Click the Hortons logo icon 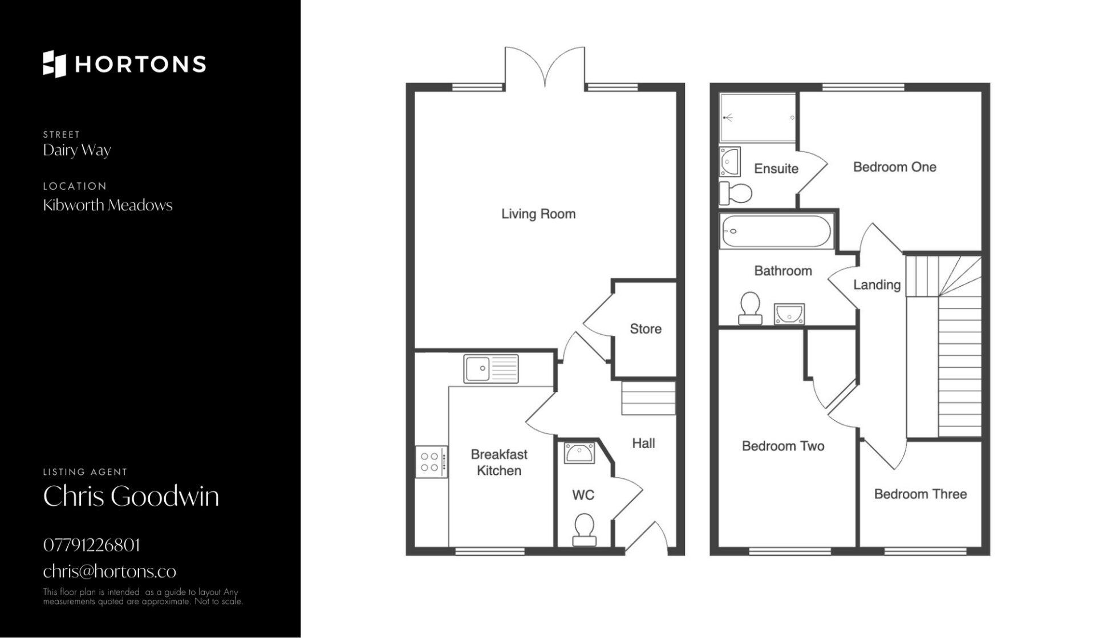(55, 64)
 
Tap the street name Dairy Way (77, 151)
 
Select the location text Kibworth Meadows (108, 205)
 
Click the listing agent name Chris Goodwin (131, 496)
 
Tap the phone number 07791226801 (92, 545)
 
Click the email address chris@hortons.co (109, 571)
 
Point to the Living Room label (538, 214)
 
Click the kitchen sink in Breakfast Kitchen (491, 369)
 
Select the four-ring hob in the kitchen (431, 462)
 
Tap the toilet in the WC (583, 530)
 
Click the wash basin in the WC (579, 453)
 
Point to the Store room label (646, 329)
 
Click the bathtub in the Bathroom (776, 231)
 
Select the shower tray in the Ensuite (757, 117)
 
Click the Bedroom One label (895, 167)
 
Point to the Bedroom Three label (920, 494)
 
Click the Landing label (877, 285)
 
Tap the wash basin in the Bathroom (789, 314)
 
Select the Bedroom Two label (783, 446)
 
